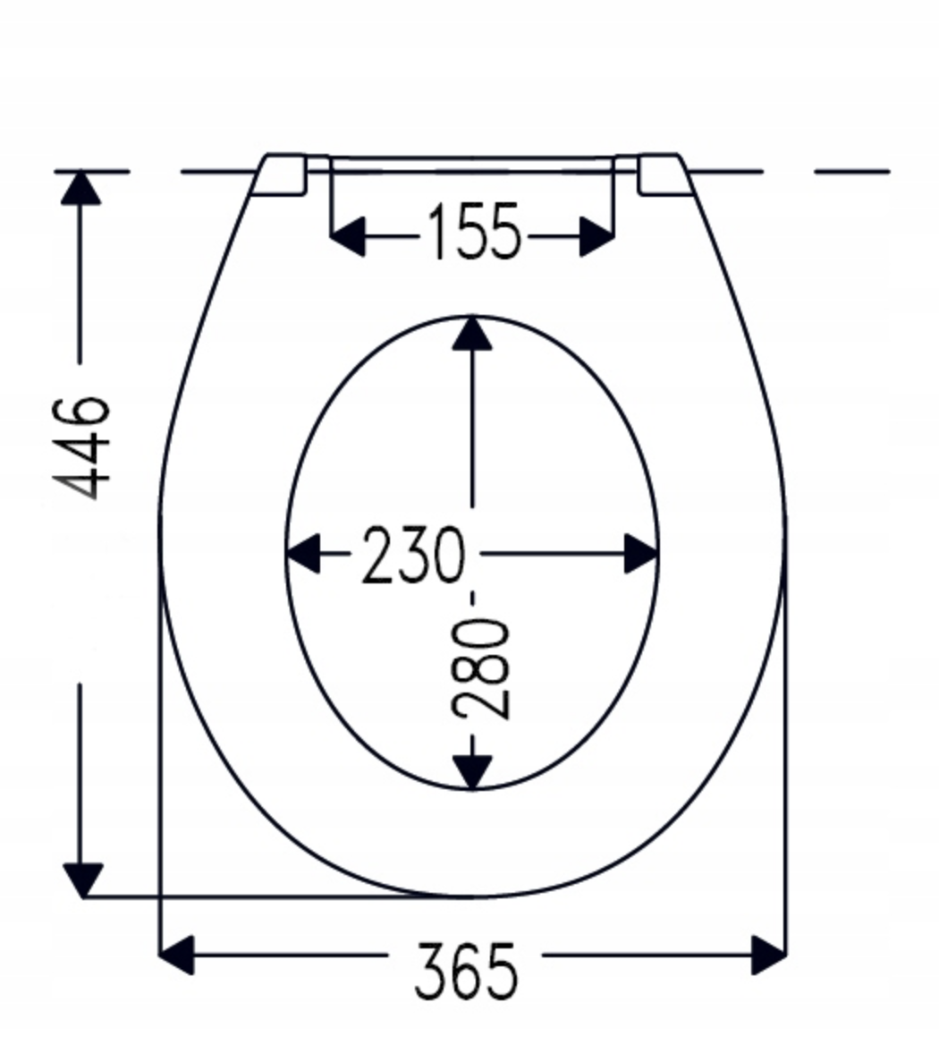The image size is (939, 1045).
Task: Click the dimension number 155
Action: pyautogui.click(x=473, y=231)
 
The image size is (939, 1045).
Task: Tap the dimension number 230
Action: pyautogui.click(x=412, y=555)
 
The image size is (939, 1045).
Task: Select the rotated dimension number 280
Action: pyautogui.click(x=481, y=669)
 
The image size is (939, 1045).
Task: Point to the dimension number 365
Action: pyautogui.click(x=466, y=970)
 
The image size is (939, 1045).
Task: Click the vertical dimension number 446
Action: pyautogui.click(x=81, y=448)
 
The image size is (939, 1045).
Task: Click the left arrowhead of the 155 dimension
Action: pyautogui.click(x=348, y=236)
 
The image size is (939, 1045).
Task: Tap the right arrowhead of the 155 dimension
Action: pyautogui.click(x=596, y=236)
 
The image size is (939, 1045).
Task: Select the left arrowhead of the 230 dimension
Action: pyautogui.click(x=303, y=553)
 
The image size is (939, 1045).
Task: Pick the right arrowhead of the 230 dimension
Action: pyautogui.click(x=641, y=553)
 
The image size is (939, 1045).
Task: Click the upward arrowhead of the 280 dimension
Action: pyautogui.click(x=472, y=333)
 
